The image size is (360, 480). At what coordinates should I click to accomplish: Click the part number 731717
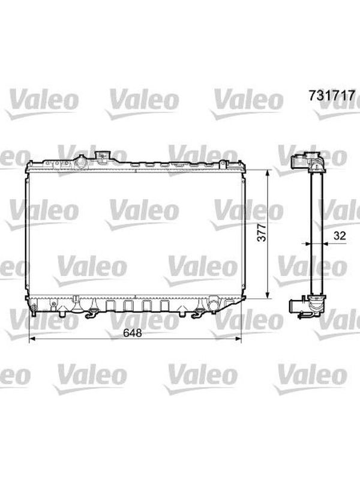(x=332, y=95)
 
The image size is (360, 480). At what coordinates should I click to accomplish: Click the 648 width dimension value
(x=132, y=333)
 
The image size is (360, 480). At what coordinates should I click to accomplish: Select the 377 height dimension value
(x=262, y=232)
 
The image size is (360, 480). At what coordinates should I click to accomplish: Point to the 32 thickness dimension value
(x=340, y=235)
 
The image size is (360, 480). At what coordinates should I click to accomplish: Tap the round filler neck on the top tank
(x=82, y=162)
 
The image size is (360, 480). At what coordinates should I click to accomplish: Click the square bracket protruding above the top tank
(x=102, y=155)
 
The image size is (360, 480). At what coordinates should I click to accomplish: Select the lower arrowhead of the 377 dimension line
(x=268, y=295)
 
